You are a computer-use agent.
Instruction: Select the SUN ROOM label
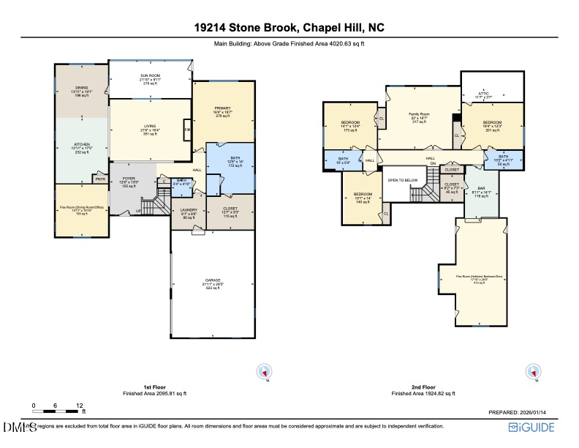pyautogui.click(x=150, y=76)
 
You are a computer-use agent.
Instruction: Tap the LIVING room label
pyautogui.click(x=150, y=126)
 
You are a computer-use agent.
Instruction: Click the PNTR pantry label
pyautogui.click(x=98, y=179)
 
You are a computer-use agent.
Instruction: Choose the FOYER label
pyautogui.click(x=129, y=178)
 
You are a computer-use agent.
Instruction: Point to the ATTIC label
pyautogui.click(x=484, y=93)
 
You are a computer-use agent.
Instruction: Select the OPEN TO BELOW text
pyautogui.click(x=402, y=179)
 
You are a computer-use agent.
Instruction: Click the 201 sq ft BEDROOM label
pyautogui.click(x=492, y=122)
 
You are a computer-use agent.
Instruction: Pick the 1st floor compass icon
pyautogui.click(x=263, y=372)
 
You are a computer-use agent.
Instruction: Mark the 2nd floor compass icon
pyautogui.click(x=534, y=372)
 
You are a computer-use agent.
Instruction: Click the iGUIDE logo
pyautogui.click(x=533, y=427)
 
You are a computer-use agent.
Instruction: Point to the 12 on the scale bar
pyautogui.click(x=79, y=405)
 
